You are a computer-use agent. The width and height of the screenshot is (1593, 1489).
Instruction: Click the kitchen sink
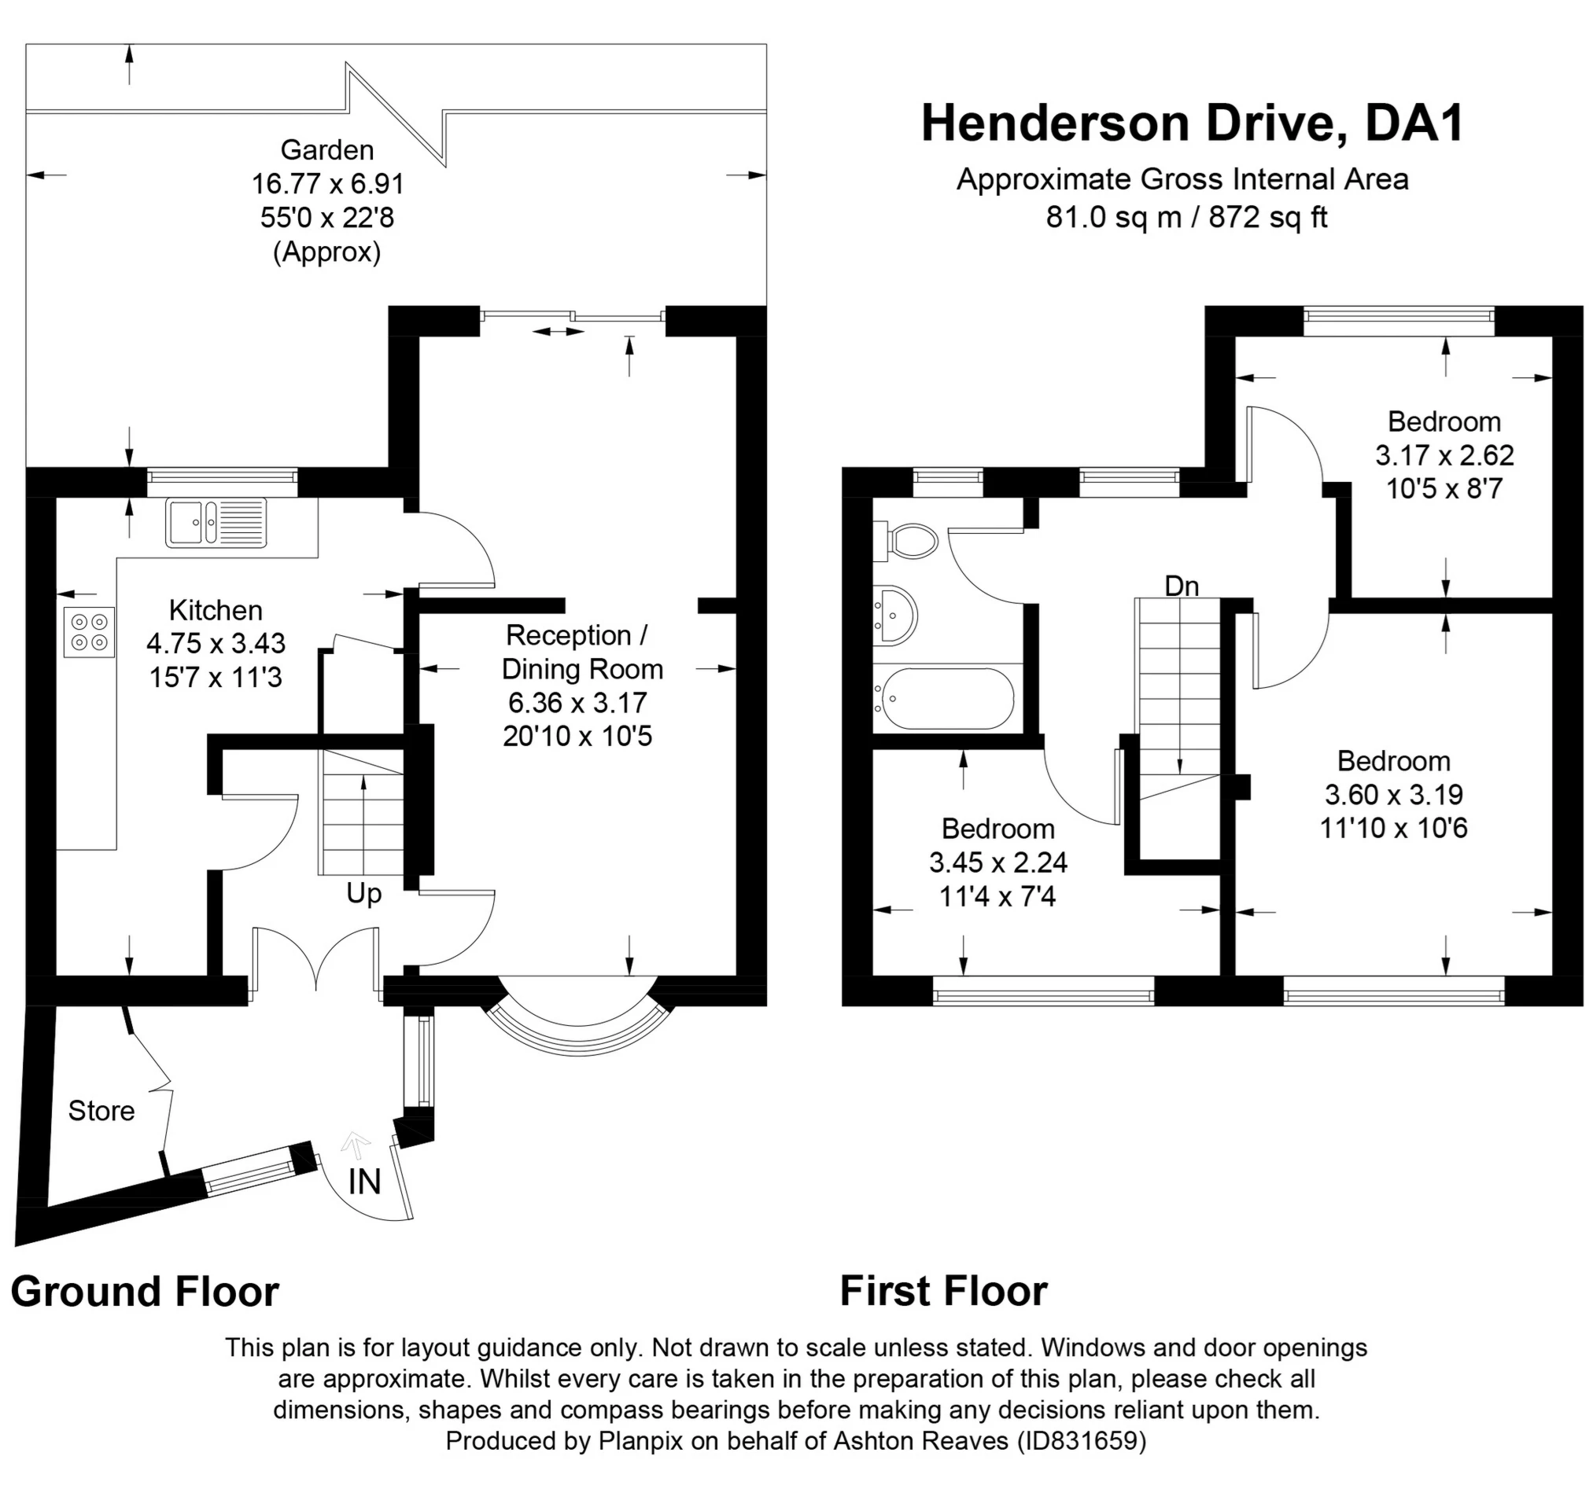click(216, 522)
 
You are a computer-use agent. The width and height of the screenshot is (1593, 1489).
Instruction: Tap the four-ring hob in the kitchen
click(89, 632)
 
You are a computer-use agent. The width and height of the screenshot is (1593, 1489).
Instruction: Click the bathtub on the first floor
click(946, 698)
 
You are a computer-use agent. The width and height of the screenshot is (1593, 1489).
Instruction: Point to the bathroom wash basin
click(895, 614)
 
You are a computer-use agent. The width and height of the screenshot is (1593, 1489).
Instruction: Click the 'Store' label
click(101, 1111)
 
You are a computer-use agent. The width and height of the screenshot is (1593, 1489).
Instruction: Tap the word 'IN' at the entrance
click(364, 1182)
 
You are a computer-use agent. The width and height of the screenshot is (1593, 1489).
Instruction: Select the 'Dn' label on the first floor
click(1182, 586)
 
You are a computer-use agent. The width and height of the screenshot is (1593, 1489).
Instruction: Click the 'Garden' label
click(327, 150)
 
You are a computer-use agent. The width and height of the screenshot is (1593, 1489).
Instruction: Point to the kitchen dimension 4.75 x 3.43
click(216, 643)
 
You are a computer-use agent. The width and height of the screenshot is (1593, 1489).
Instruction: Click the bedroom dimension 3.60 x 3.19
click(1394, 795)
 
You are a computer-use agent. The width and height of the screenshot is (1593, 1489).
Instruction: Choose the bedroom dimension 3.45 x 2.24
click(998, 862)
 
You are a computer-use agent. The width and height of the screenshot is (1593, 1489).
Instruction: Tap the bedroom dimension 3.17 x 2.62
click(1445, 456)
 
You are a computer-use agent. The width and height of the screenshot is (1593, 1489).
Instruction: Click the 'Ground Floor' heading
click(145, 1292)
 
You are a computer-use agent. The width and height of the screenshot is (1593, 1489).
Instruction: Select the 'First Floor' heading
click(944, 1291)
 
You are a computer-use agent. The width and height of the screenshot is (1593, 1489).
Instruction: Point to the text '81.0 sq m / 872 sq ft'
click(1187, 217)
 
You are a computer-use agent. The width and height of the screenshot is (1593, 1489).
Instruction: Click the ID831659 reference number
click(1082, 1441)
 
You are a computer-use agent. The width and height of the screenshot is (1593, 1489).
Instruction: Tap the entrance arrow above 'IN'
click(355, 1146)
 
